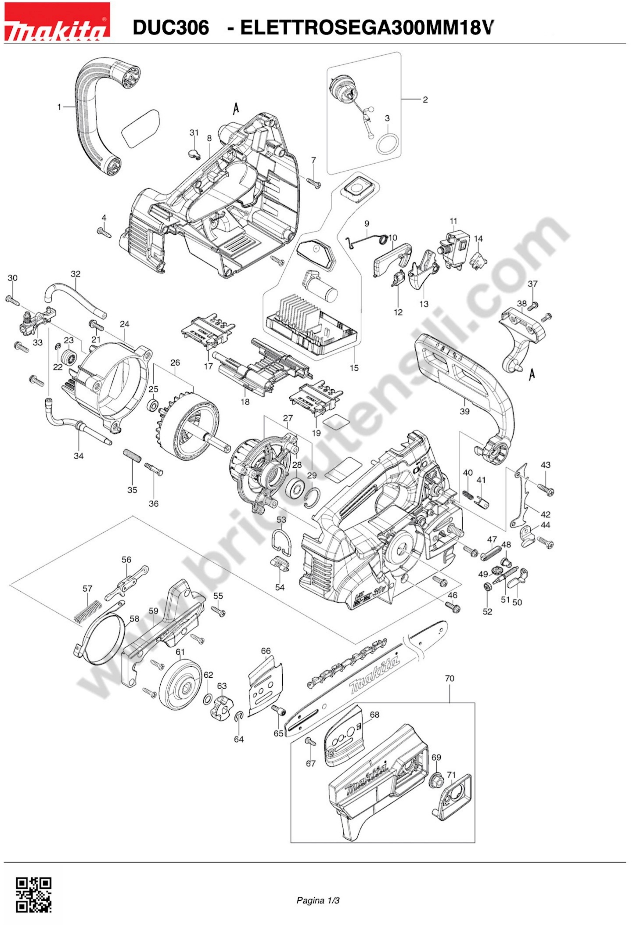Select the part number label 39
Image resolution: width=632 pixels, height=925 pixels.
[464, 411]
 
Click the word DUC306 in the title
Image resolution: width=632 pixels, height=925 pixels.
[171, 27]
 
